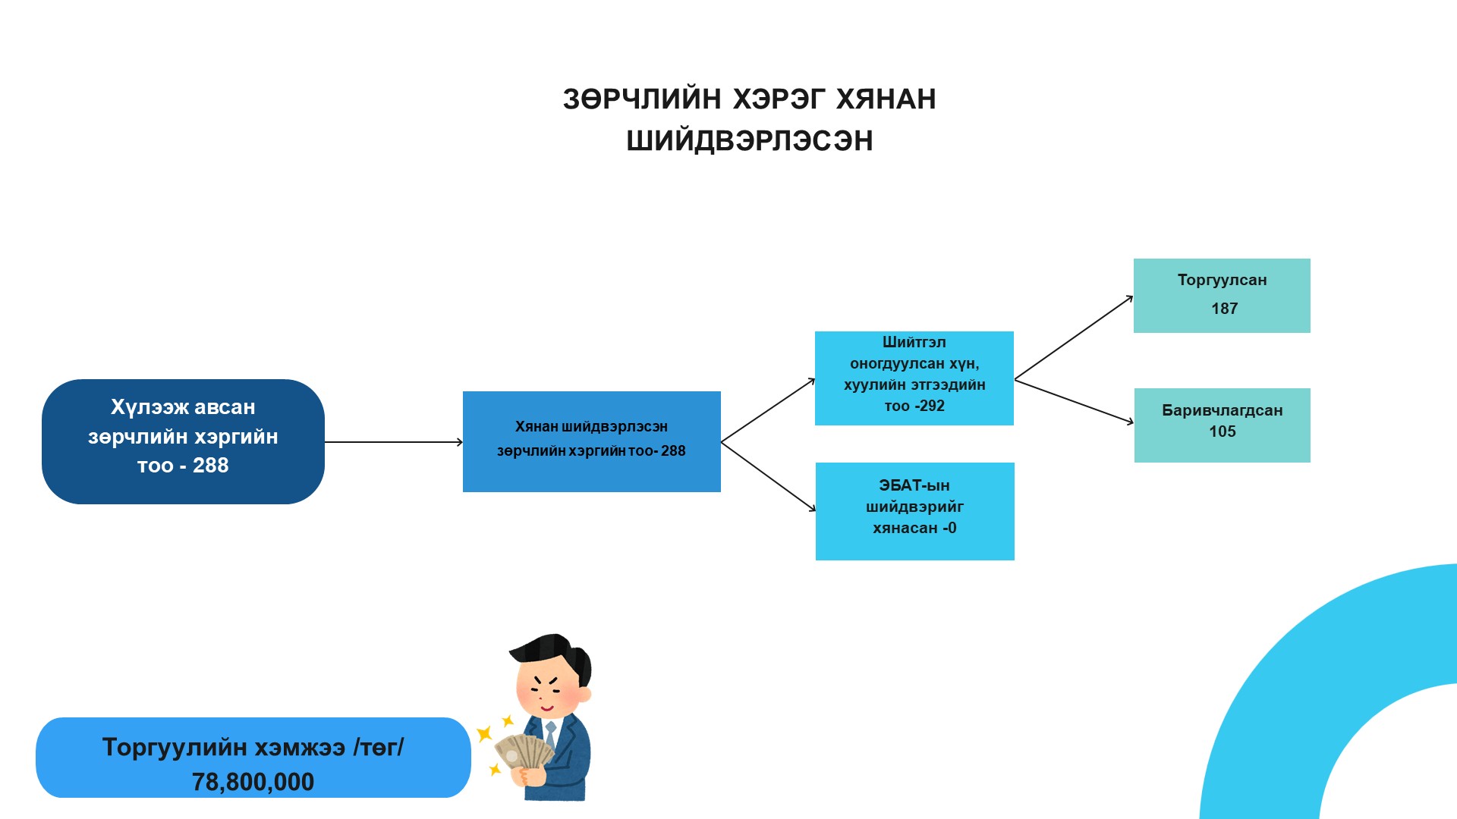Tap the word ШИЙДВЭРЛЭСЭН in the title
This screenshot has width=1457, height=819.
[x=750, y=141]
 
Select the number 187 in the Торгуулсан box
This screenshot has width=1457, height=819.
[x=1224, y=309]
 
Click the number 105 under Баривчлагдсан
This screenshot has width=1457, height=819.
[x=1222, y=431]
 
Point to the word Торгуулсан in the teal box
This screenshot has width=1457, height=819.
[x=1222, y=280]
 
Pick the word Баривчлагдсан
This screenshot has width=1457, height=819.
[x=1222, y=410]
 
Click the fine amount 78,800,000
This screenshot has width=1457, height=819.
[x=253, y=782]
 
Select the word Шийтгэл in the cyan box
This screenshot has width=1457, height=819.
[x=914, y=342]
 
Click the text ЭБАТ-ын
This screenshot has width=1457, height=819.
[x=914, y=485]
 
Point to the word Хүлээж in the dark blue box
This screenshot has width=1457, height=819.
[x=146, y=407]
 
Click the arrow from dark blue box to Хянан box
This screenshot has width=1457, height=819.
[x=393, y=442]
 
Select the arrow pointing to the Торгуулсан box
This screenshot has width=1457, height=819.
[x=1073, y=338]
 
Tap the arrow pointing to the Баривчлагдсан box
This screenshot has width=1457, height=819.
[x=1073, y=401]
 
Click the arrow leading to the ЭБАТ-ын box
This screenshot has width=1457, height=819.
[x=768, y=476]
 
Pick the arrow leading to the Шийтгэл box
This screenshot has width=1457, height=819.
[x=768, y=410]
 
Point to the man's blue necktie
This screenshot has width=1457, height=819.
[x=551, y=733]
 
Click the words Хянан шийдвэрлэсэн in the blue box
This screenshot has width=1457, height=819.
[x=591, y=427]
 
